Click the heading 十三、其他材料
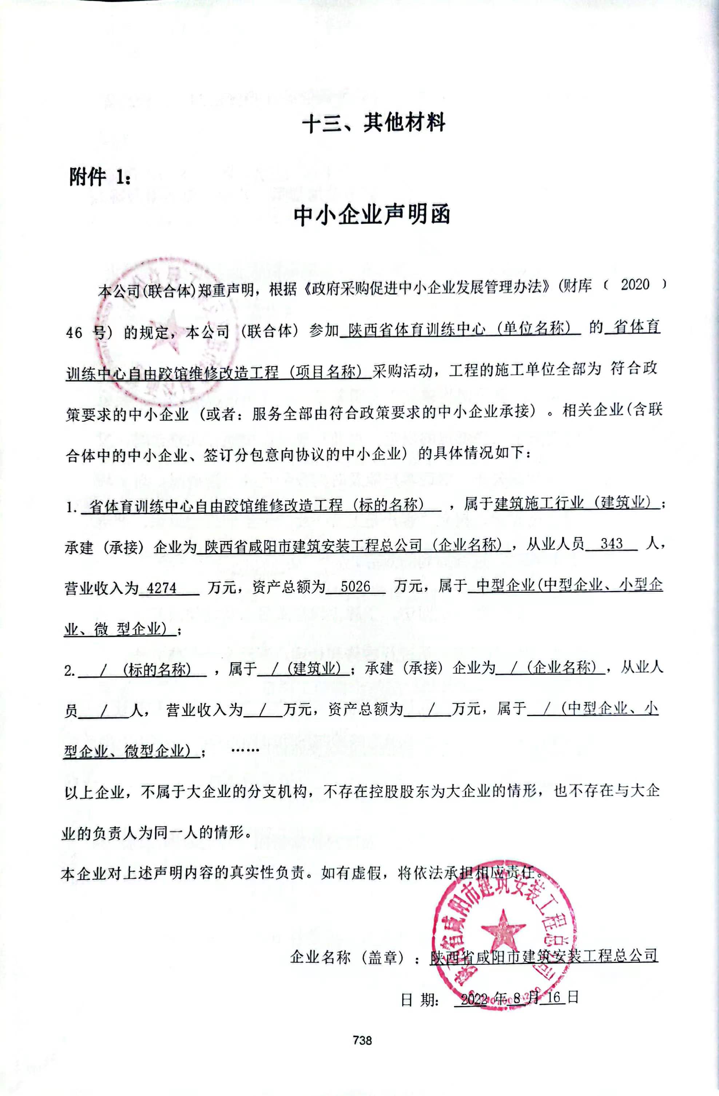[x=373, y=123]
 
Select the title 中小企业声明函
[x=372, y=215]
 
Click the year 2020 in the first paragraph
[x=635, y=285]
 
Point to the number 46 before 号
[x=74, y=332]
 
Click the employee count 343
[x=611, y=544]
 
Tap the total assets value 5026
[x=355, y=586]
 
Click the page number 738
[x=362, y=1040]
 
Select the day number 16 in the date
[x=554, y=997]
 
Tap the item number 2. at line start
[x=69, y=671]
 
